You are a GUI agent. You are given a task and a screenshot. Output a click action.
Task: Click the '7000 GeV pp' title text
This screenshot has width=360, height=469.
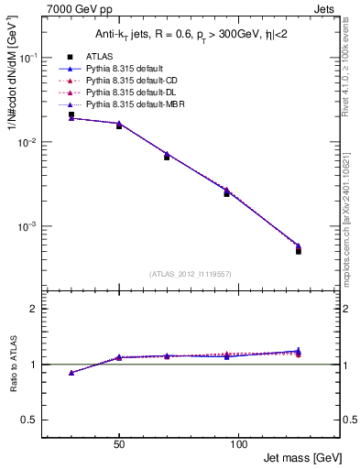coord(76,8)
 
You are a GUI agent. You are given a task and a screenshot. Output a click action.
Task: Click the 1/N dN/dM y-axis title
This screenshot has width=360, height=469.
coord(14,77)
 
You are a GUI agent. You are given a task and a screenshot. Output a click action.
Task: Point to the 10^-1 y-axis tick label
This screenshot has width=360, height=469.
coord(29,57)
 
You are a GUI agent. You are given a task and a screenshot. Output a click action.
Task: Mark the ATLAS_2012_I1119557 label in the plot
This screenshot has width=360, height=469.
coord(190,275)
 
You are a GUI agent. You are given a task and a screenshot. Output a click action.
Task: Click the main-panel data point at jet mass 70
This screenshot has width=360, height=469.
coord(167,157)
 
